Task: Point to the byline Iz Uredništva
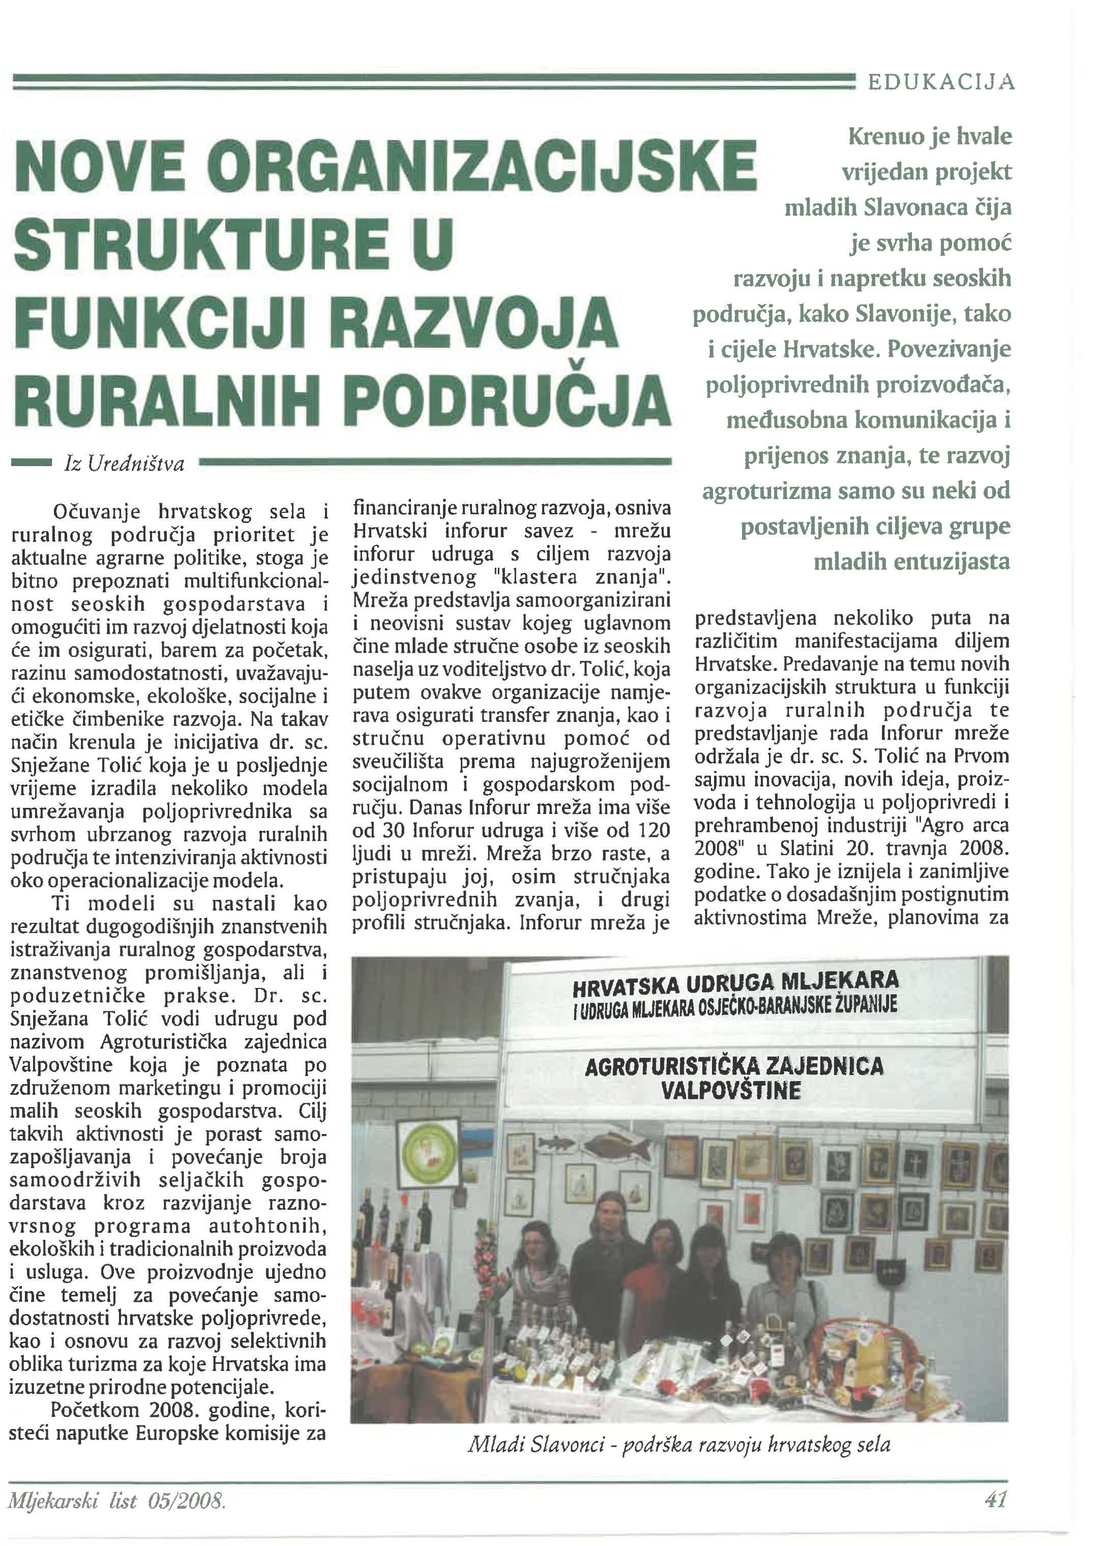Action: pos(124,464)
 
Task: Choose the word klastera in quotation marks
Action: pos(541,577)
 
